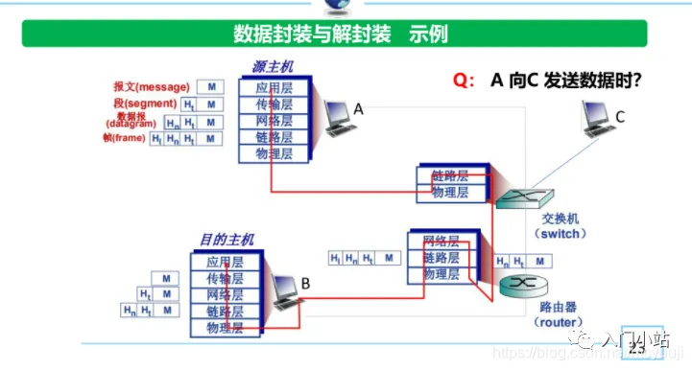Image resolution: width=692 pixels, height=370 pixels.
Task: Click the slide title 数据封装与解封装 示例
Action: tap(341, 35)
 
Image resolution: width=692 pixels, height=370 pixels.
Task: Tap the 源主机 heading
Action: tap(274, 67)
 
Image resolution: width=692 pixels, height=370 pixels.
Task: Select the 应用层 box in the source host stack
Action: tap(274, 87)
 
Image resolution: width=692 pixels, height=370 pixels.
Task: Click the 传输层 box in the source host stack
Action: tap(274, 104)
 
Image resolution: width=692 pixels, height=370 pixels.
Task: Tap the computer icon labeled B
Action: tap(283, 289)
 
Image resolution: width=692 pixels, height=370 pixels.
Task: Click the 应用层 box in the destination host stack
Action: tap(225, 262)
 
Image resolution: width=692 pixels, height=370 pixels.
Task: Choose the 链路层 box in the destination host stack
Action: tap(225, 312)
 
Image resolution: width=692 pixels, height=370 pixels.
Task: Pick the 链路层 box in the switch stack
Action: tap(450, 176)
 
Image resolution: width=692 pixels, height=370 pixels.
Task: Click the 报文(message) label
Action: tap(151, 86)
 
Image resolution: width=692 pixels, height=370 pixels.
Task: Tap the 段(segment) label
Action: tap(144, 103)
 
